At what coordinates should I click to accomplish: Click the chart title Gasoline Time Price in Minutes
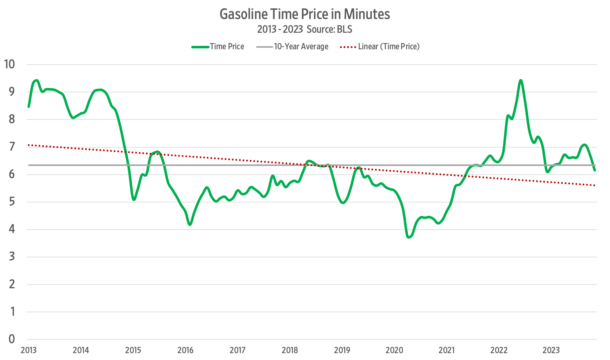305,14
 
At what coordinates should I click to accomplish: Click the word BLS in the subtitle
344,29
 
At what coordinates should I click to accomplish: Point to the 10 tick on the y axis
9,64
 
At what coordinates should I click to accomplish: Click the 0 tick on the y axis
12,339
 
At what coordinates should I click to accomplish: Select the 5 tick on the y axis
12,202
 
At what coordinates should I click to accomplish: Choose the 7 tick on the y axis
12,147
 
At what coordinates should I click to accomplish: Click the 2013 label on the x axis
29,350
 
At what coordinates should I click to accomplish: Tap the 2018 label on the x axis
290,350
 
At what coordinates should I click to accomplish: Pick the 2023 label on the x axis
551,350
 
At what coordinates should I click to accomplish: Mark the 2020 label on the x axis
394,350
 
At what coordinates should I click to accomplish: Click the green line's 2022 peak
521,80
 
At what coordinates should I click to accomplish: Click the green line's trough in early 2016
190,224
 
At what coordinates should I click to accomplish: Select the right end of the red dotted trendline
595,185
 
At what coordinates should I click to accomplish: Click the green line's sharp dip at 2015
134,199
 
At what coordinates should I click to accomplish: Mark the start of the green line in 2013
29,107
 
